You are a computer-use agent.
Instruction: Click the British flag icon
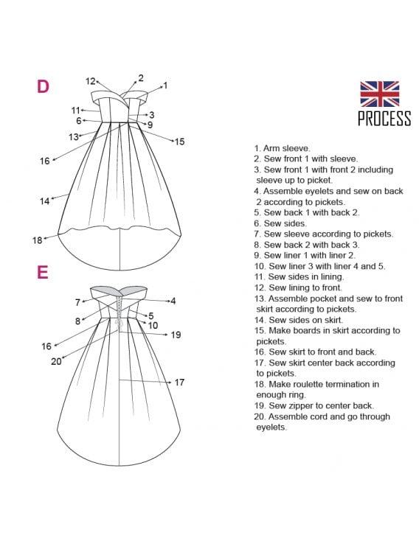point(379,94)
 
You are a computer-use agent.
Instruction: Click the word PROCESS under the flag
point(384,118)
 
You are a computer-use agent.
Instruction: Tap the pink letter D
point(43,86)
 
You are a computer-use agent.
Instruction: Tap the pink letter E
point(42,272)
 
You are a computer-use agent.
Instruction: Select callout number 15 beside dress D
point(179,142)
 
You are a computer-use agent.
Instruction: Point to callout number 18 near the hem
point(38,240)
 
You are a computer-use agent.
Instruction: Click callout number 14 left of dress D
point(44,201)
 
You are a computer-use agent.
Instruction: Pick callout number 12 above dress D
point(91,82)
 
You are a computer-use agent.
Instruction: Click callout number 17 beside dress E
point(179,383)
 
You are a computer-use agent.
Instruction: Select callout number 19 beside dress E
point(176,335)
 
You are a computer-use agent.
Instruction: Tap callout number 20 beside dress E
point(56,362)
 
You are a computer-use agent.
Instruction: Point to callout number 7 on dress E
point(77,302)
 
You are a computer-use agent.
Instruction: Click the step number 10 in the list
point(260,266)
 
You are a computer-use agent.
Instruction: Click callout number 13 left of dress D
point(74,137)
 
